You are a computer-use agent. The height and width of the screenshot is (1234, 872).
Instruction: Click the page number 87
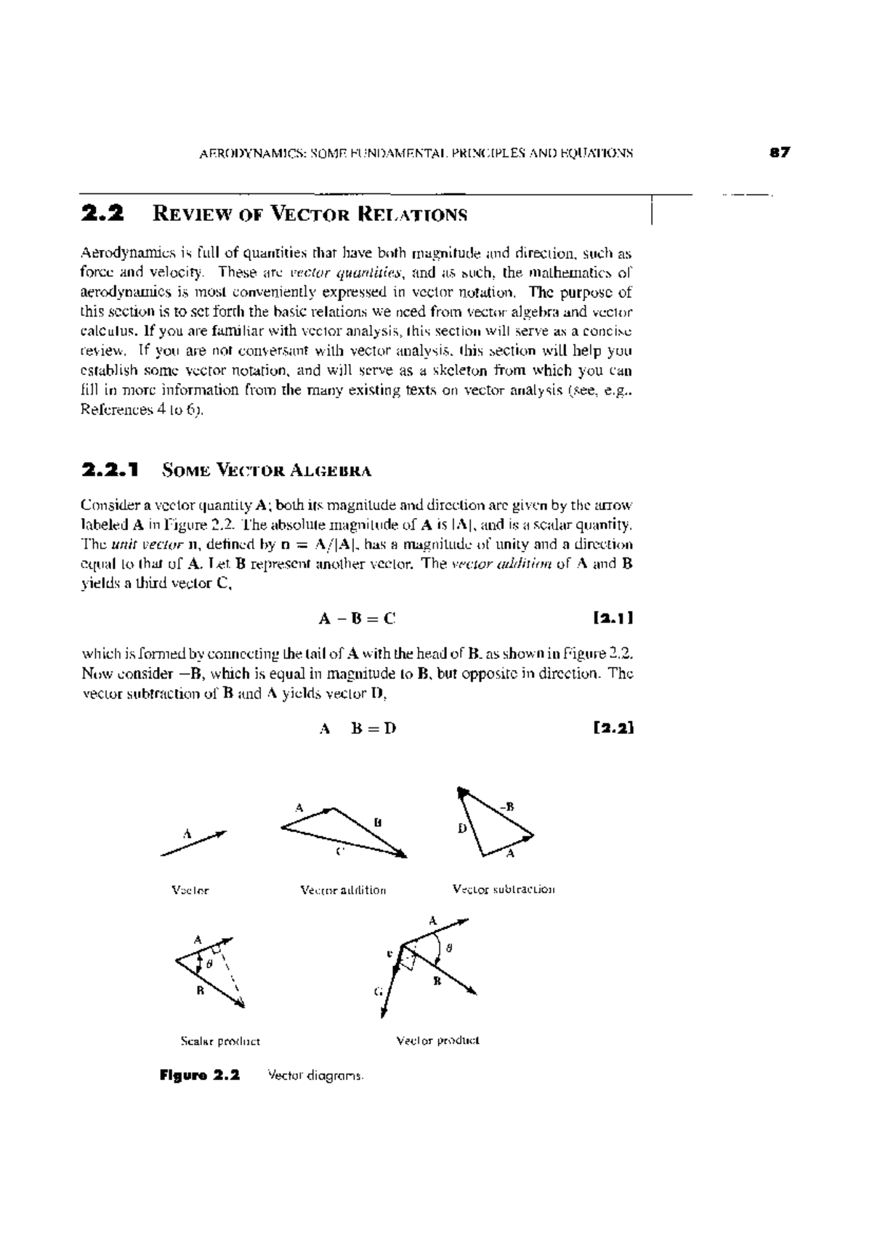click(780, 153)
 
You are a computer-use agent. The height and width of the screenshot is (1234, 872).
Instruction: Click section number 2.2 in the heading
click(102, 214)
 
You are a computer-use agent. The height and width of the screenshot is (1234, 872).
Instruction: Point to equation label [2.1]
click(613, 618)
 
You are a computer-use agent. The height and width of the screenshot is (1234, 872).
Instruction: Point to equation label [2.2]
click(613, 727)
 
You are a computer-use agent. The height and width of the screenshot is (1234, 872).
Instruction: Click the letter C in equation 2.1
click(389, 619)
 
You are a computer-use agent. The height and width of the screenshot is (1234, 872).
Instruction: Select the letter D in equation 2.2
click(390, 728)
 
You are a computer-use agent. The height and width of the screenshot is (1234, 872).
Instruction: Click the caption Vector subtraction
click(503, 889)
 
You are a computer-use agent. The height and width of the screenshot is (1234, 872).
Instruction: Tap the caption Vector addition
click(343, 890)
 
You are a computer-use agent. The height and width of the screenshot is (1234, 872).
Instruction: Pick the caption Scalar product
click(220, 1041)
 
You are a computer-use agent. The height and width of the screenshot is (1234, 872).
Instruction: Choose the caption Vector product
click(437, 1041)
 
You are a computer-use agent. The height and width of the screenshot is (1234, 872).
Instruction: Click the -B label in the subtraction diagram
click(506, 806)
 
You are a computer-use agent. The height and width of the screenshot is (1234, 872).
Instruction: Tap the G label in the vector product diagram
click(378, 991)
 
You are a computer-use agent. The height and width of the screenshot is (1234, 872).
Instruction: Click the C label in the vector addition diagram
click(339, 852)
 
